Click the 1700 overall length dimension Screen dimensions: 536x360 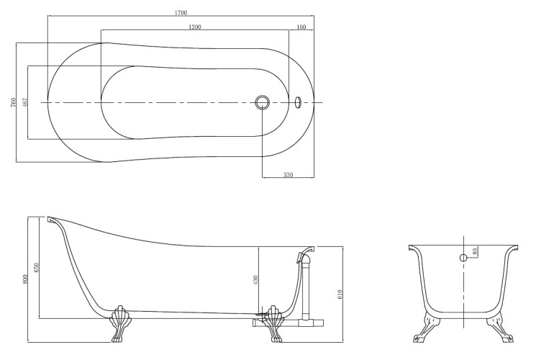[181, 13]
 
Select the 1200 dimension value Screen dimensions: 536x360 [195, 27]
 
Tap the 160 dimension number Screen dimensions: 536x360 [301, 27]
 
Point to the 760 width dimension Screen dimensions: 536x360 [14, 102]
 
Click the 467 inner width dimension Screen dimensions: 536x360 [25, 102]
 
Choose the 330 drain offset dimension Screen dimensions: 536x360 [289, 175]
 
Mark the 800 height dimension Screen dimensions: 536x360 [24, 279]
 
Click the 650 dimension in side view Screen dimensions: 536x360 [37, 267]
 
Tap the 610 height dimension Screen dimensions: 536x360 [340, 294]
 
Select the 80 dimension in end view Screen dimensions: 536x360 [474, 251]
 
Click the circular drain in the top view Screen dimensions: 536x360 [263, 102]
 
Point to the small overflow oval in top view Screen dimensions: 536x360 [298, 102]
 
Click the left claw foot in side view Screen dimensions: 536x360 [118, 324]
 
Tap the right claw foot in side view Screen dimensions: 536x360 [274, 324]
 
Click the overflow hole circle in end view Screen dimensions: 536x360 [463, 258]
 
